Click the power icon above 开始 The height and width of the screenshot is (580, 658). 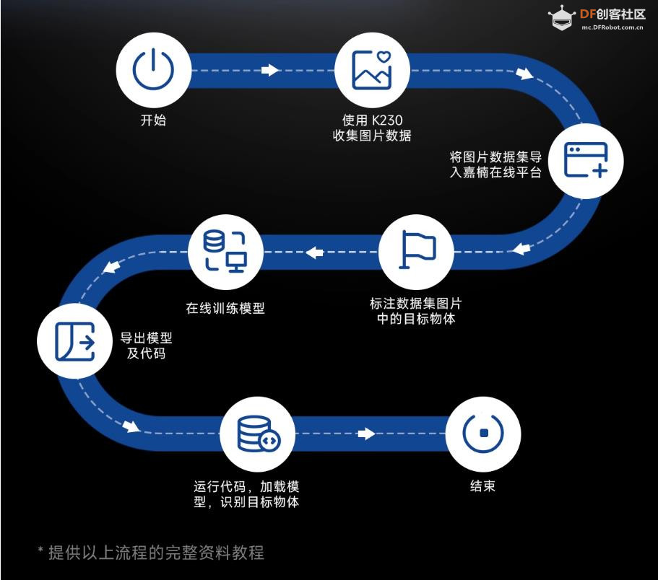click(x=153, y=70)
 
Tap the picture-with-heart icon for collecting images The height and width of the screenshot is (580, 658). click(x=372, y=70)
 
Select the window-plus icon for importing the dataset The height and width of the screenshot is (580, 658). click(x=585, y=160)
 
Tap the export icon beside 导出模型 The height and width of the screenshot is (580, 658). click(x=74, y=341)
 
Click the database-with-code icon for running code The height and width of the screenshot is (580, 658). click(x=257, y=434)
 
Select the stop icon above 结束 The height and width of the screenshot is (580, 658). click(x=482, y=433)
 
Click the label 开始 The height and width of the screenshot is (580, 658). click(x=153, y=120)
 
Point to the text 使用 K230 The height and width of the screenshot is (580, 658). click(x=372, y=120)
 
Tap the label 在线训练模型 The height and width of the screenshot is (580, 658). click(x=225, y=309)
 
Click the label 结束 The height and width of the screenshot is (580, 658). click(x=482, y=485)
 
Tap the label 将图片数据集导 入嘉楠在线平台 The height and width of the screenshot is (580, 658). click(x=495, y=164)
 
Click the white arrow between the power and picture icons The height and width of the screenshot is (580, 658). click(x=269, y=70)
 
